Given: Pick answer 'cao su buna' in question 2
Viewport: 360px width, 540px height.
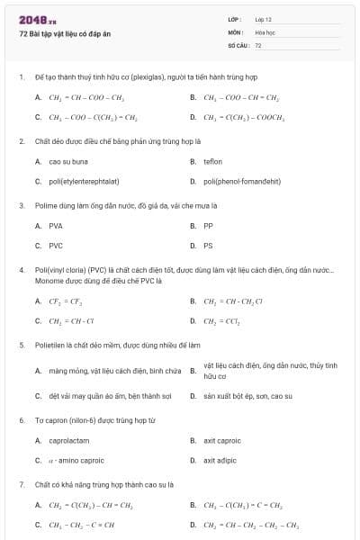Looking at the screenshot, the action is tap(68, 161).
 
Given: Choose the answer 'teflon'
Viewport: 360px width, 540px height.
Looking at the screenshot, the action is tap(212, 161).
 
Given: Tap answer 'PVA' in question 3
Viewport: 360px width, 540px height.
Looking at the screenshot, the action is tap(56, 226).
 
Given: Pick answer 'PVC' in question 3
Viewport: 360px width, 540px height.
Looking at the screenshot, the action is tap(56, 245).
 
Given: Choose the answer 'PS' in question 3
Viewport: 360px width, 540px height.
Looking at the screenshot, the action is tap(208, 245).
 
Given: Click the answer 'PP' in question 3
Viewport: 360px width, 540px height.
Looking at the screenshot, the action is tap(208, 226).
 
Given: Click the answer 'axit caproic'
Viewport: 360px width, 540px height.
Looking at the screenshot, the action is tap(222, 440).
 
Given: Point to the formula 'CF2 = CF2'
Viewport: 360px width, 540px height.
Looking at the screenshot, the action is tap(66, 301).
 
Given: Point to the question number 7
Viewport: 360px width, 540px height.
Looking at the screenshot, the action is tap(21, 484).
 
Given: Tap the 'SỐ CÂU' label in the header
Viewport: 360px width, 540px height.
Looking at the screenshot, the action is tap(238, 44).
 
